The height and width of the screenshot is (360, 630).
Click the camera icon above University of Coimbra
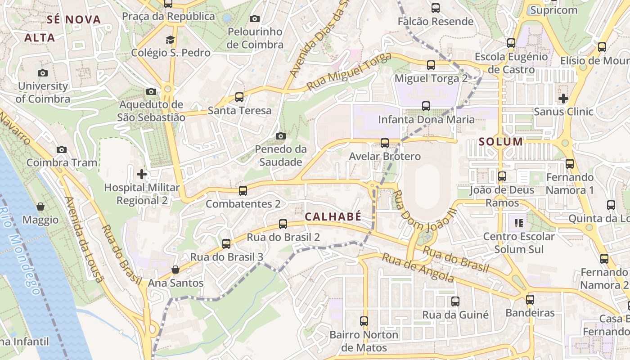43,73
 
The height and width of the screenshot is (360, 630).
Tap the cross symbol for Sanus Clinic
563,98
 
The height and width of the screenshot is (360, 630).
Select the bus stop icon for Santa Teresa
239,97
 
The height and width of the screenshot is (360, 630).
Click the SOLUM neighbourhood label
501,142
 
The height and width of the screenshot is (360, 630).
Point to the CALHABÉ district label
333,216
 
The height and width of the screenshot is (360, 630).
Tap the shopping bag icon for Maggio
40,207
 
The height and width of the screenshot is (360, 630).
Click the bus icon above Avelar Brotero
385,143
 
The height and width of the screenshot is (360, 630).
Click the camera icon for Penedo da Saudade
281,136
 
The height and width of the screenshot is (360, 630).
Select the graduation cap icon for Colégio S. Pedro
170,40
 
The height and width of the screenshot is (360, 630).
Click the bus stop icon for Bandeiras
530,299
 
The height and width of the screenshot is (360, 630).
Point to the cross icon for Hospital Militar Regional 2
142,174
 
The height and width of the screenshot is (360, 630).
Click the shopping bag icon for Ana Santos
175,270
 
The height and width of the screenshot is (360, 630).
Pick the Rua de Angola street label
418,267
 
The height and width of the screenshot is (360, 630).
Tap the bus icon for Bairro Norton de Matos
364,321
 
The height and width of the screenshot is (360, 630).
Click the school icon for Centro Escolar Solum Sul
519,223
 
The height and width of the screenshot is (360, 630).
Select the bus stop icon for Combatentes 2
243,190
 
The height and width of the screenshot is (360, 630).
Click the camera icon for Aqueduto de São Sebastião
151,92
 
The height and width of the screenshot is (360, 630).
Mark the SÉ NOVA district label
74,19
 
